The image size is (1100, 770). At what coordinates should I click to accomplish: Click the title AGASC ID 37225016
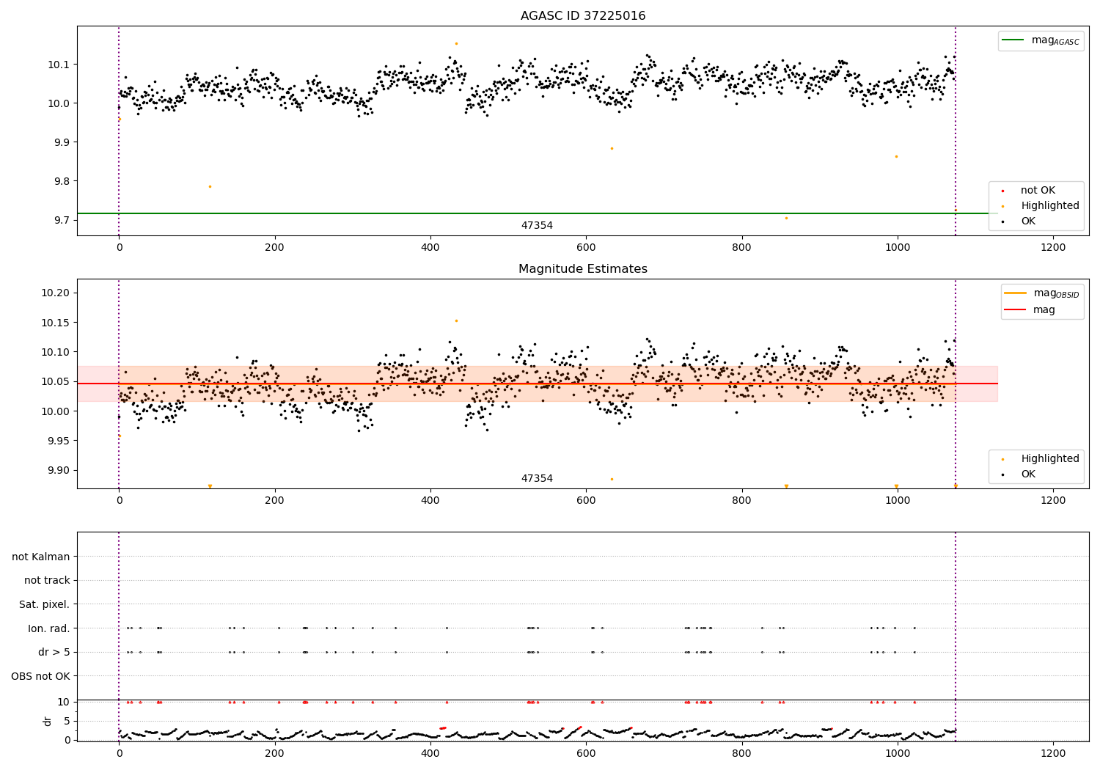click(x=583, y=16)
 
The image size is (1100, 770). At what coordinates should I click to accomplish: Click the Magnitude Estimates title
click(x=583, y=269)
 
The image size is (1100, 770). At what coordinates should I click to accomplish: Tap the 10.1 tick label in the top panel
click(x=59, y=65)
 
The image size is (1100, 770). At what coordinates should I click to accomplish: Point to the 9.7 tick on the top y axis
click(x=62, y=220)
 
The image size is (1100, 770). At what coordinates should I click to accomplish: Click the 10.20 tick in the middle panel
click(x=56, y=293)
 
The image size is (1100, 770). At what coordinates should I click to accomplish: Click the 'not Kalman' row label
click(x=41, y=557)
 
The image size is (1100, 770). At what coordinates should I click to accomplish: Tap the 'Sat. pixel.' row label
click(x=44, y=604)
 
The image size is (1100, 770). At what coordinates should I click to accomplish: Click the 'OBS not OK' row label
click(x=40, y=676)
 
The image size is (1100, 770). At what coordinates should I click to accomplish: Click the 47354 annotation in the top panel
click(x=537, y=226)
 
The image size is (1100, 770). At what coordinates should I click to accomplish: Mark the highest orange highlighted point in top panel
click(x=456, y=43)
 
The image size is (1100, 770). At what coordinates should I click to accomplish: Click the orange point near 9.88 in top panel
click(x=612, y=148)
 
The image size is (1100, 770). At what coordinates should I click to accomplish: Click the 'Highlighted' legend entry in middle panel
click(x=1049, y=459)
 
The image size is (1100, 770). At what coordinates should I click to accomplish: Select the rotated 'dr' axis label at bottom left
click(x=48, y=721)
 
